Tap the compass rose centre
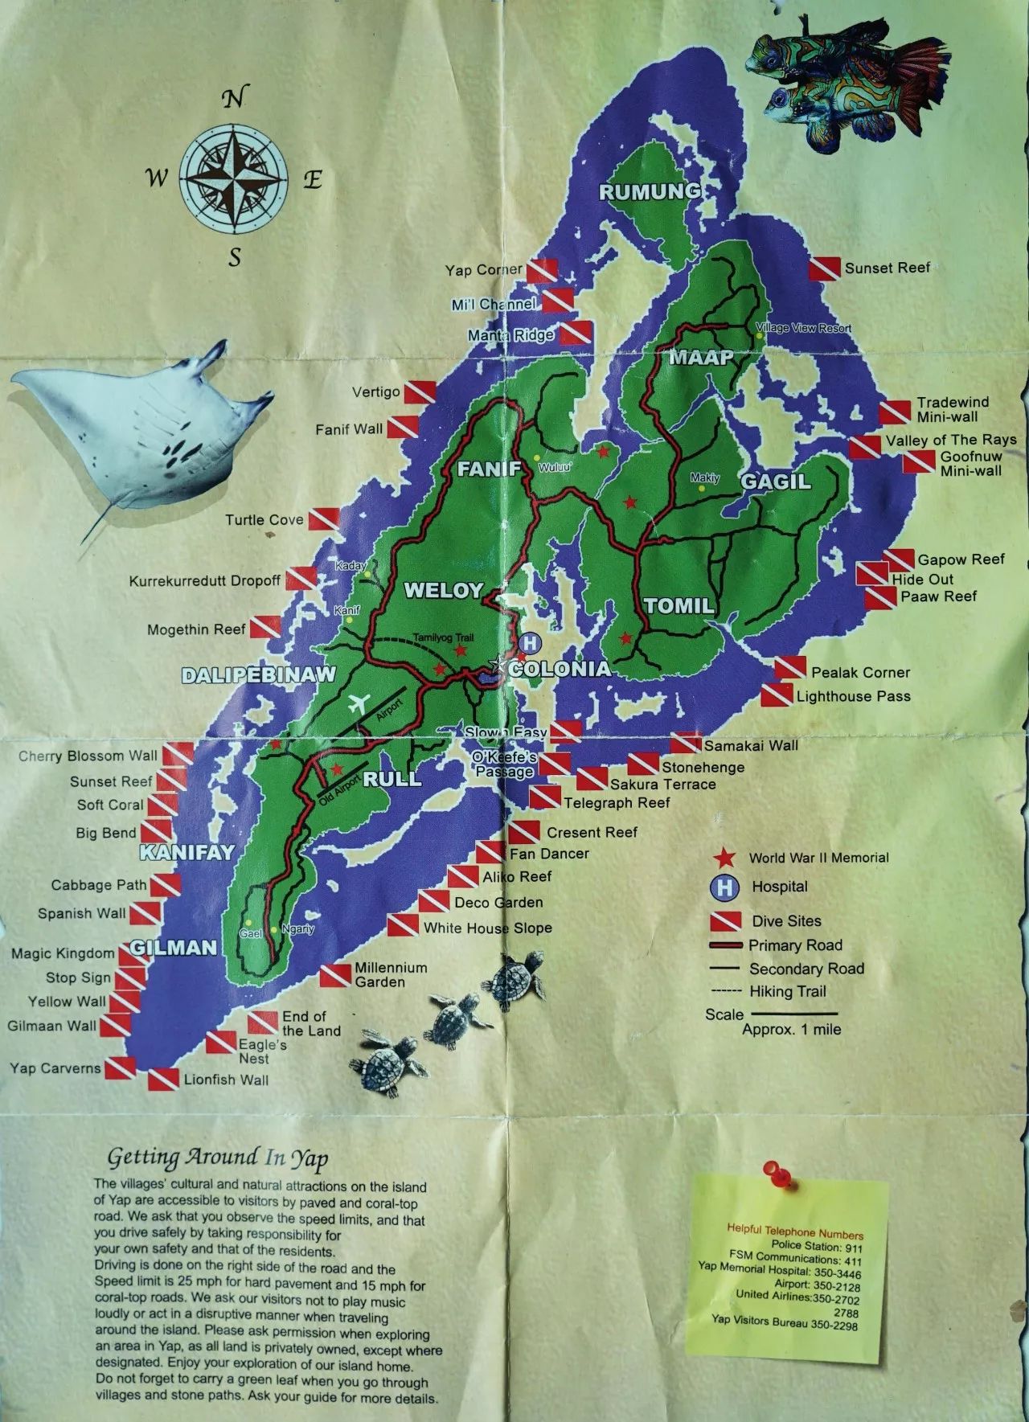tap(233, 177)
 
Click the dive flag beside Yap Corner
tap(543, 270)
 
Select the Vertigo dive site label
tap(375, 392)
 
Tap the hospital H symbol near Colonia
tap(530, 643)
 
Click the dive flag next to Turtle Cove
tap(323, 520)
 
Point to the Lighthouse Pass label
tap(853, 696)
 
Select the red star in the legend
tap(728, 858)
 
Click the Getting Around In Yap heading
tap(218, 1158)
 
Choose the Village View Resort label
tap(804, 328)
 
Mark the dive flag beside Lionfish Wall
tap(162, 1079)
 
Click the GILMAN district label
tap(174, 947)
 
